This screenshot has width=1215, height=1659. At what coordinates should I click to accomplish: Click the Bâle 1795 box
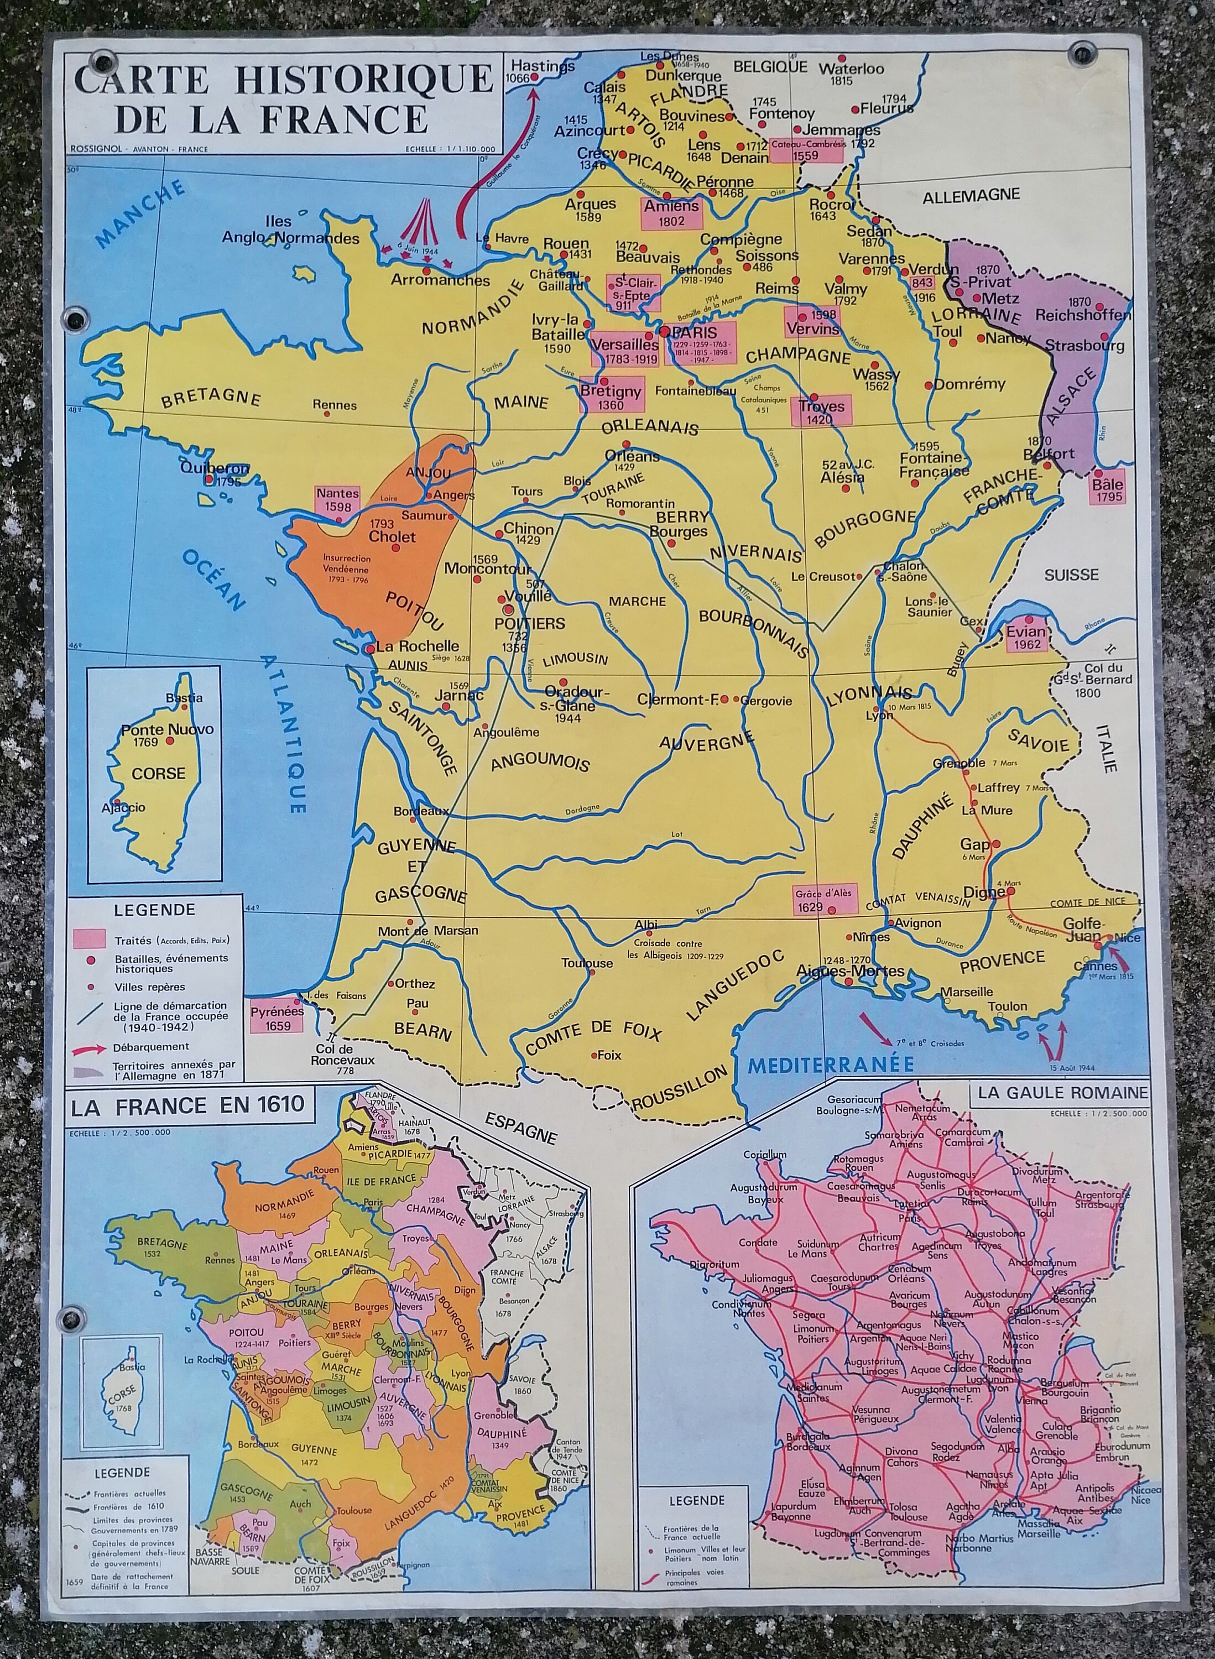tap(1107, 491)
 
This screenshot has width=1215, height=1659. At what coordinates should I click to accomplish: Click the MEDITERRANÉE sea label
tap(830, 1064)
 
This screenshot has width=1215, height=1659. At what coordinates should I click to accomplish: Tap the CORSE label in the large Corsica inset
tap(158, 774)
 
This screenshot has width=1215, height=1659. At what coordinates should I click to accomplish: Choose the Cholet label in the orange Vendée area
tap(392, 537)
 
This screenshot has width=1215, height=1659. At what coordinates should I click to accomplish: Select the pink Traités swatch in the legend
tap(91, 939)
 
